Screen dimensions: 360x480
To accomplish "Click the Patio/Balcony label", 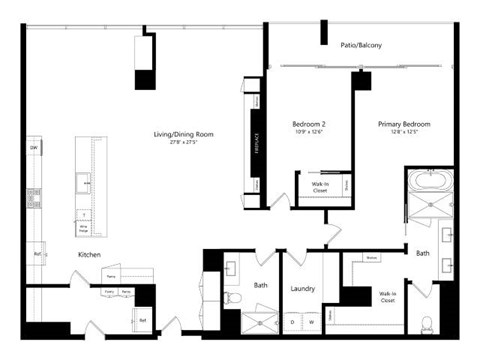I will pyautogui.click(x=361, y=45).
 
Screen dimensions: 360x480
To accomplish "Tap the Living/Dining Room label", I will pyautogui.click(x=183, y=134).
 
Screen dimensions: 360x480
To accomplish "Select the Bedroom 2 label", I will pyautogui.click(x=304, y=124).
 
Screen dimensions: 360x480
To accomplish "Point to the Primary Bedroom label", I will pyautogui.click(x=397, y=124).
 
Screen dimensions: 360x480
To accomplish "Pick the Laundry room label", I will pyautogui.click(x=303, y=289).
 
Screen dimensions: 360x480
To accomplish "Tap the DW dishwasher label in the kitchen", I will pyautogui.click(x=33, y=149).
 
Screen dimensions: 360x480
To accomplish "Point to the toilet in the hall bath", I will pyautogui.click(x=229, y=297).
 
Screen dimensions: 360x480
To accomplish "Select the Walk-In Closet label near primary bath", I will pyautogui.click(x=386, y=296).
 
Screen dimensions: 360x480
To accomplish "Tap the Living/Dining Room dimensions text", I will pyautogui.click(x=183, y=142).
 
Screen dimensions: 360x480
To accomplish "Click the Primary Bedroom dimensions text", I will pyautogui.click(x=397, y=132).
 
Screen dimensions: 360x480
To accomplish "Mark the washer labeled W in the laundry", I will pyautogui.click(x=311, y=322).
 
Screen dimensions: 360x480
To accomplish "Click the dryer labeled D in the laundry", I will pyautogui.click(x=293, y=322).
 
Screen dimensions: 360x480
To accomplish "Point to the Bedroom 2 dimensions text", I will pyautogui.click(x=304, y=132).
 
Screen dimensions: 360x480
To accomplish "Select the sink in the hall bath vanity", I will pyautogui.click(x=229, y=268).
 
